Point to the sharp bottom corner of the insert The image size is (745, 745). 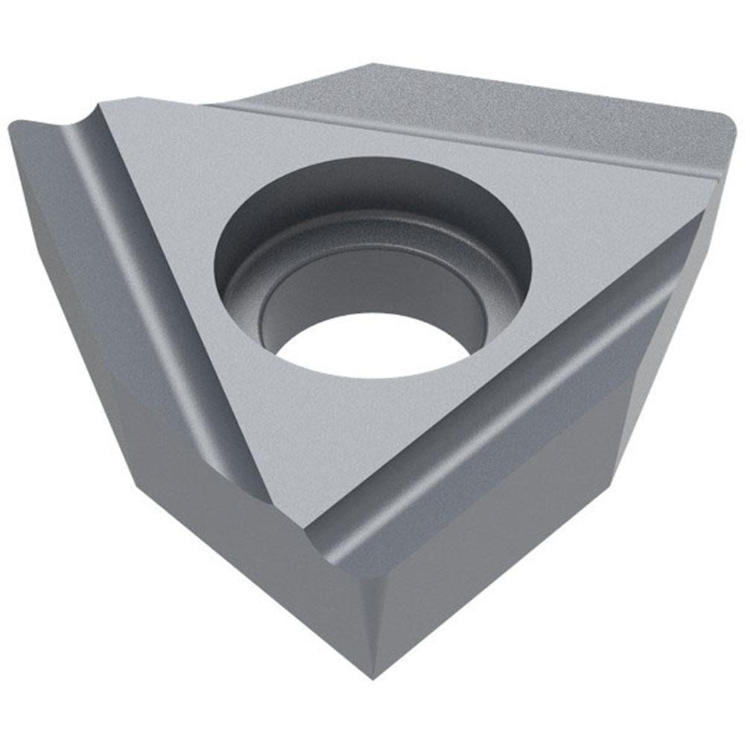(372, 674)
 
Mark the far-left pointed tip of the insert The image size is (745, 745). (13, 130)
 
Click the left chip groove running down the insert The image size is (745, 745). (149, 298)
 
